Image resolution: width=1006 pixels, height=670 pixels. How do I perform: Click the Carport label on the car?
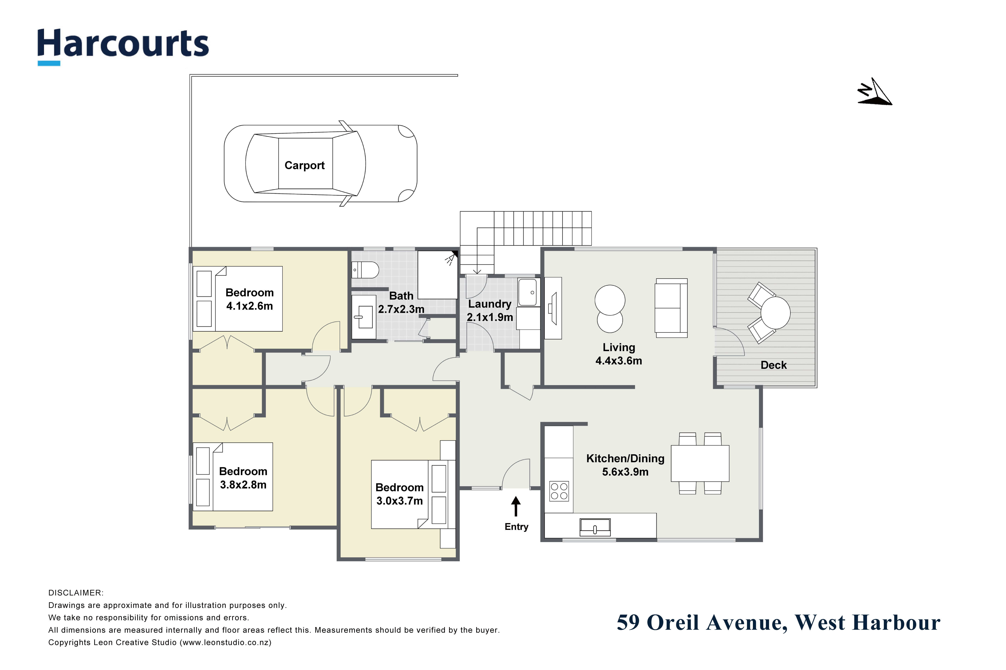305,165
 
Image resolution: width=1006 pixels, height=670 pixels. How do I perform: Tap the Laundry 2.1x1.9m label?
490,311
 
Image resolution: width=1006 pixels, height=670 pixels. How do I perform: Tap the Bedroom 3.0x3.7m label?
399,494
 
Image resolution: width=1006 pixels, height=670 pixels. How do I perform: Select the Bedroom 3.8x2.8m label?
243,478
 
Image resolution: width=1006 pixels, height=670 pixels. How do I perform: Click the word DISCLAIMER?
76,593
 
